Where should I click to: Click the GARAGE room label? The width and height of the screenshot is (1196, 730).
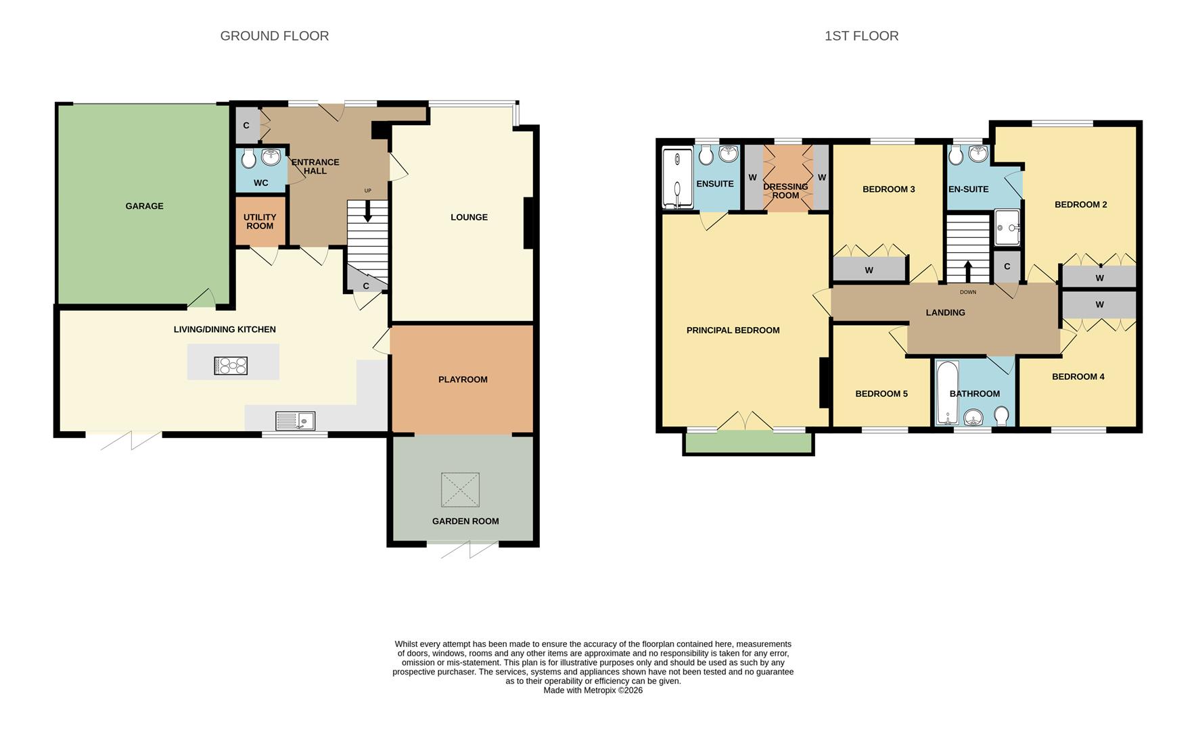(144, 206)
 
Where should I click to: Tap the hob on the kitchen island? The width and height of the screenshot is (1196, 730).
(231, 366)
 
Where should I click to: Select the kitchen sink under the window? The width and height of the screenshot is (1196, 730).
(295, 421)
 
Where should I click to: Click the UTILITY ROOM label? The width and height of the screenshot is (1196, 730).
(260, 222)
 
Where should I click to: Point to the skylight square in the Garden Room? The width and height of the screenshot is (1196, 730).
(460, 489)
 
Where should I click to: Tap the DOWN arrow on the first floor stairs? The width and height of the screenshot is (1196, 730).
(967, 271)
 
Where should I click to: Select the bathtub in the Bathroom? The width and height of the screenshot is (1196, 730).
(946, 392)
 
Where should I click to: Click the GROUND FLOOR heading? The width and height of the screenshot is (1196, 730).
(275, 36)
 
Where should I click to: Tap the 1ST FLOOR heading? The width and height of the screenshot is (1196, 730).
(861, 36)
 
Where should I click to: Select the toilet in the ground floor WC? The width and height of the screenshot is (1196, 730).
(249, 159)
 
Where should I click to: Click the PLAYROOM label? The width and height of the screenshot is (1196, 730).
(463, 380)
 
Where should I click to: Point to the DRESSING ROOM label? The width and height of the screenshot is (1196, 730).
(785, 191)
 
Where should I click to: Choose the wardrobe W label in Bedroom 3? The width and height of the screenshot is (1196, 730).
(869, 270)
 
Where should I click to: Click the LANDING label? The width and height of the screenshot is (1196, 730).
(945, 313)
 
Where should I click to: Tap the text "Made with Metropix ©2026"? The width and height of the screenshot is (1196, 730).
(593, 691)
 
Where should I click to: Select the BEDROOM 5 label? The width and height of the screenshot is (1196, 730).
(881, 394)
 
